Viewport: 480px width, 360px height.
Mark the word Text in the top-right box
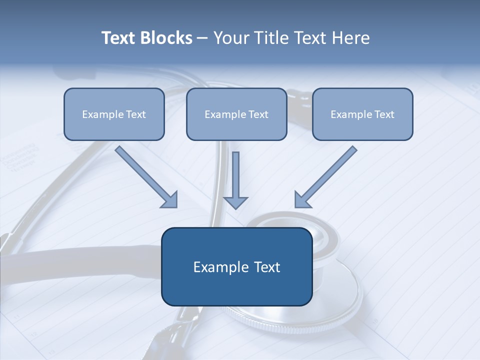[384, 114]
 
